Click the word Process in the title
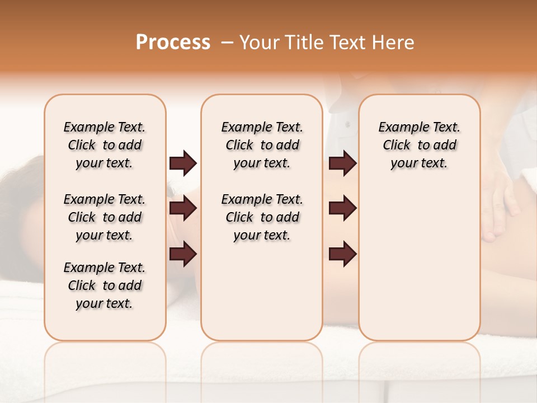click(173, 43)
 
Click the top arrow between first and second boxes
click(183, 163)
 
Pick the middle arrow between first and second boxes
click(183, 208)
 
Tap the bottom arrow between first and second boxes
click(183, 254)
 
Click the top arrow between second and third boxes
click(342, 163)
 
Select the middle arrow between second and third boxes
click(342, 208)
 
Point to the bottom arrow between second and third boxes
click(342, 254)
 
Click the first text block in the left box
click(105, 145)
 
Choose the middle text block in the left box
click(105, 217)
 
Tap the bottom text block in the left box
click(105, 285)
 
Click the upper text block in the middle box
click(262, 145)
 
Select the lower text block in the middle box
click(262, 217)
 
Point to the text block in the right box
click(419, 145)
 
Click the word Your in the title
click(259, 43)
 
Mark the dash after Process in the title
click(227, 43)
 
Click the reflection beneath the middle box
click(262, 369)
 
